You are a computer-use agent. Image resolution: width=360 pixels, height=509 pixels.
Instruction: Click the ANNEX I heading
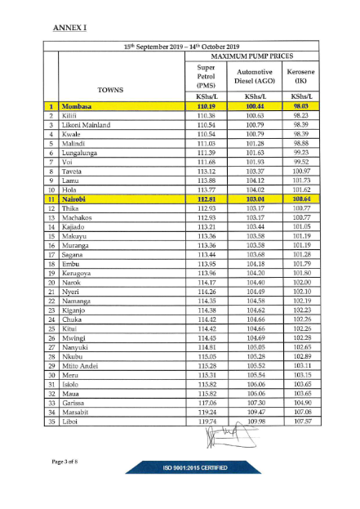(x=69, y=28)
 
